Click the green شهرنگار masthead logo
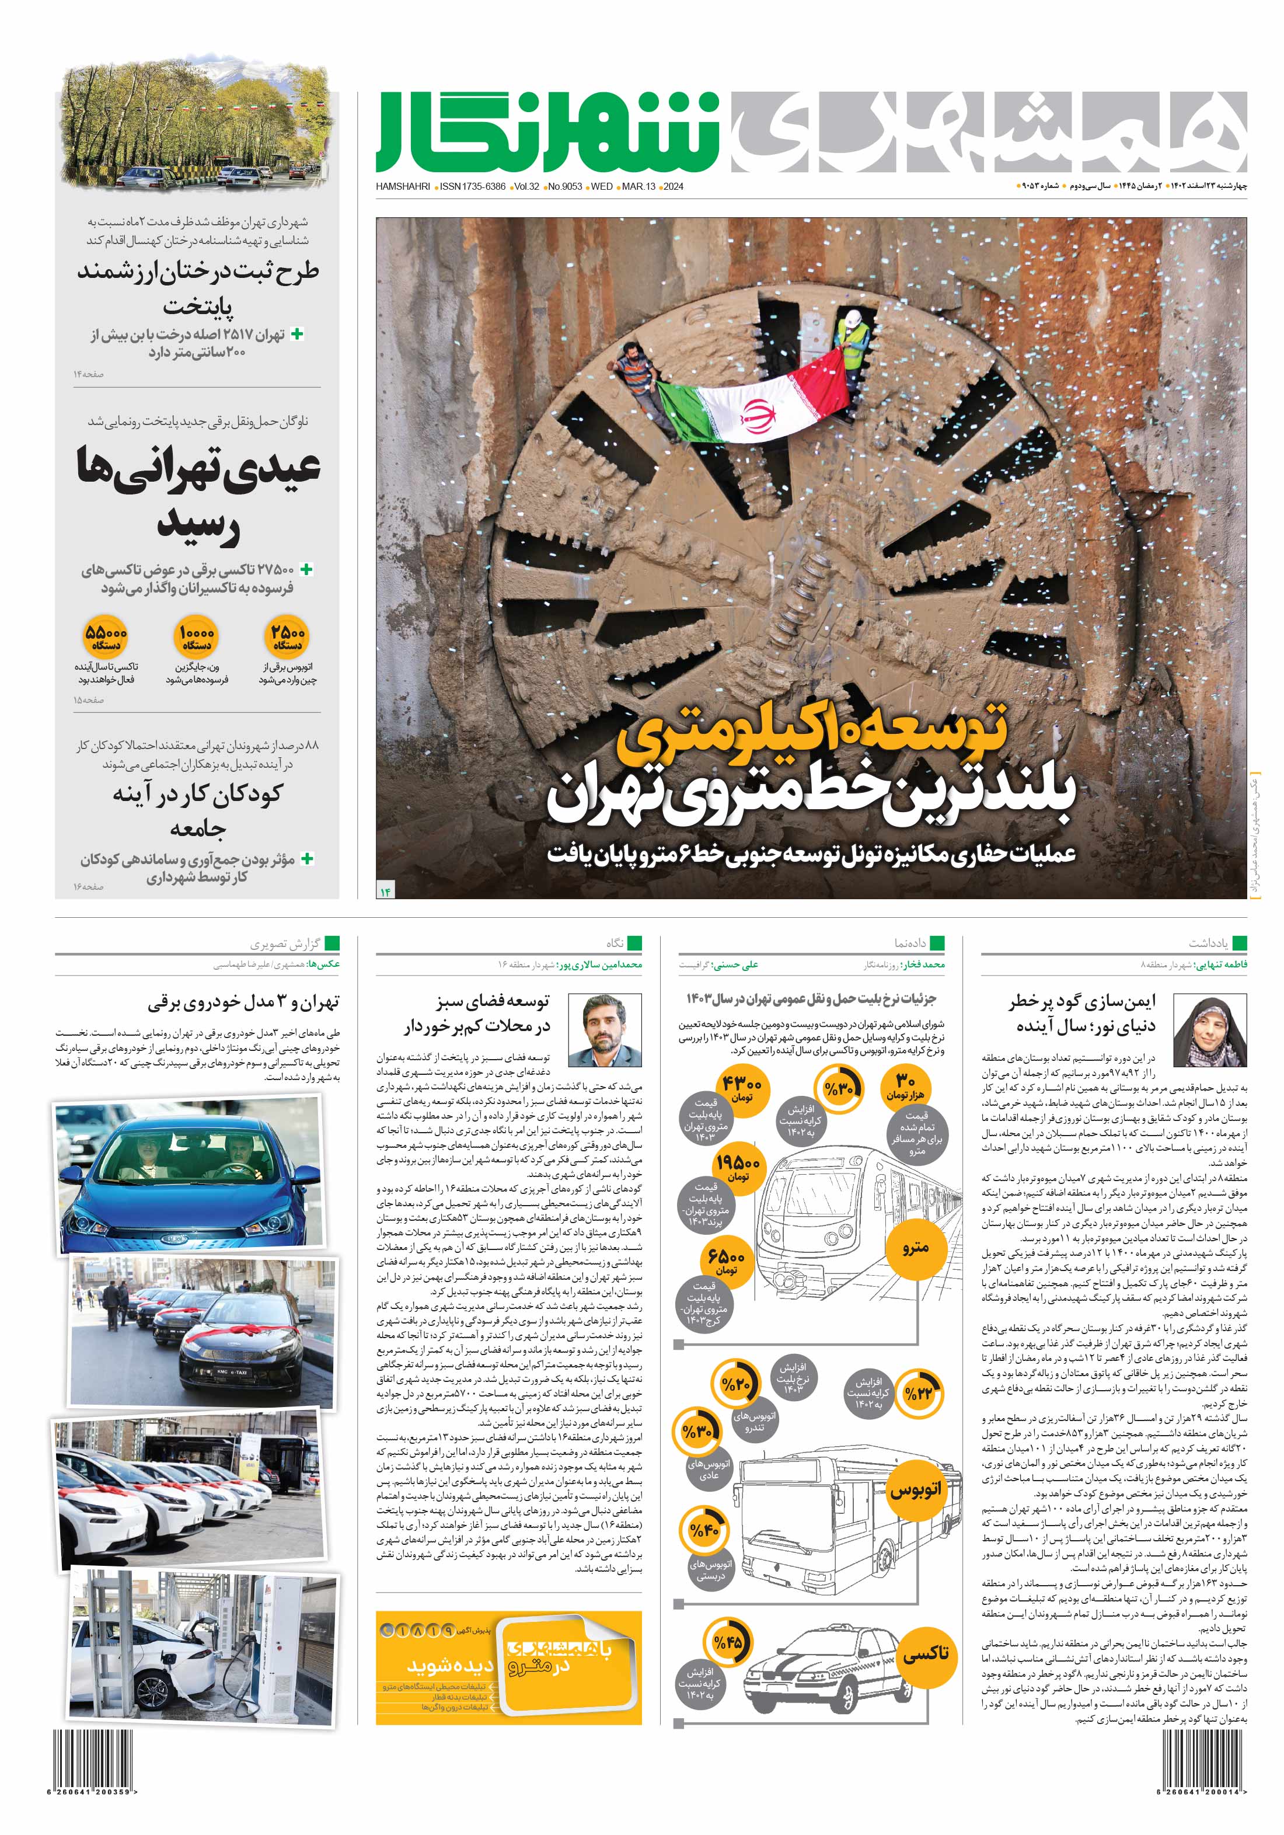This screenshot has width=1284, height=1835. point(547,132)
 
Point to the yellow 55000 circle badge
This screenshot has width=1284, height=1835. point(106,636)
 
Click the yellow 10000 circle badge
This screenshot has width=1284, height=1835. point(196,636)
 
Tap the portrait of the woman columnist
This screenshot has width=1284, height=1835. point(1209,1031)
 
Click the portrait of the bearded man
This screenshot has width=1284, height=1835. point(604,1030)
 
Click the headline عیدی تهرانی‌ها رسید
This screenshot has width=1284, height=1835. point(198,496)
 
